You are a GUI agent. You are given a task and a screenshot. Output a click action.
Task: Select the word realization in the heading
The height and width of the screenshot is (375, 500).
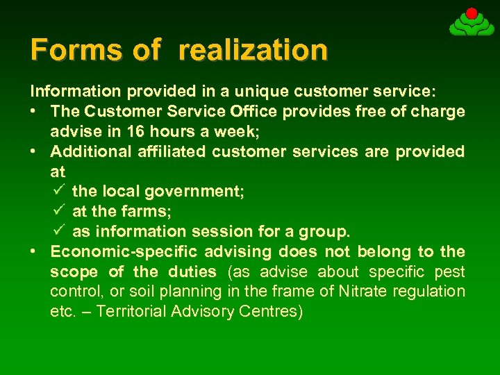pyautogui.click(x=253, y=50)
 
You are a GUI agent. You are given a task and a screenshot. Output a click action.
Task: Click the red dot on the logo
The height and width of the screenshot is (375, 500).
pyautogui.click(x=472, y=13)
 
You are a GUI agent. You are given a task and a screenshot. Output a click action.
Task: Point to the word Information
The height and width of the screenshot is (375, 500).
pyautogui.click(x=75, y=91)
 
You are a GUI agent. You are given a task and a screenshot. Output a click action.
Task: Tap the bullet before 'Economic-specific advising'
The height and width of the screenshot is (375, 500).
pyautogui.click(x=34, y=251)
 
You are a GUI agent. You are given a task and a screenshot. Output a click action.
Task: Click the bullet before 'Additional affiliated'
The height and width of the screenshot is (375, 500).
pyautogui.click(x=34, y=151)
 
